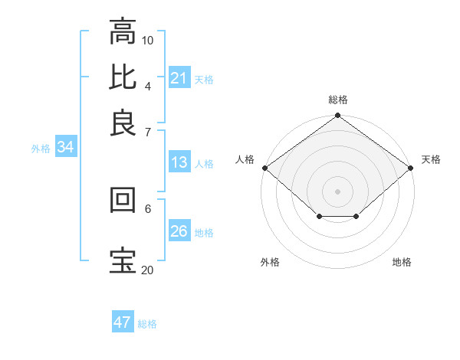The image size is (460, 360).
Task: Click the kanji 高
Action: click(x=123, y=34)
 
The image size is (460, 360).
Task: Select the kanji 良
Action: click(x=123, y=123)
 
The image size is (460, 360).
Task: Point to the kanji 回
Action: click(x=123, y=201)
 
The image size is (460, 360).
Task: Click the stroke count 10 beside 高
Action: click(x=148, y=40)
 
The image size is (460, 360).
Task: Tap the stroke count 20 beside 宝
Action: click(x=147, y=270)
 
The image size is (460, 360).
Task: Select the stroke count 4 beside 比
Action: click(x=147, y=85)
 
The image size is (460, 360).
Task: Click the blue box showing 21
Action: click(x=179, y=77)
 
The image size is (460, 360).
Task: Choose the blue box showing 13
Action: click(x=179, y=162)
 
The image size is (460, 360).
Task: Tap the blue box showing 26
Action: click(x=179, y=231)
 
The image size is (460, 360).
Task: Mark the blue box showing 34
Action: click(x=65, y=148)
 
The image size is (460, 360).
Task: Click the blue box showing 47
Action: click(x=123, y=322)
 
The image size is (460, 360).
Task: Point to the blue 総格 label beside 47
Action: click(x=148, y=324)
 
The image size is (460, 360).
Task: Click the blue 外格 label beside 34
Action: click(x=41, y=149)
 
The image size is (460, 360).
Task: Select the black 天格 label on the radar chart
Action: click(x=431, y=159)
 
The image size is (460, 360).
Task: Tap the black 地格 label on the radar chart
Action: click(x=402, y=263)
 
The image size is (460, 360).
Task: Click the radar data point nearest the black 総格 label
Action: click(x=337, y=116)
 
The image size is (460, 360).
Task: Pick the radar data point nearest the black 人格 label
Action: click(x=264, y=168)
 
